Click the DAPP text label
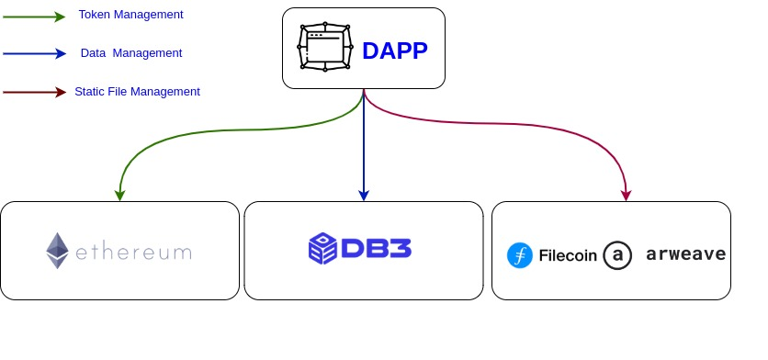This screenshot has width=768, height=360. pos(395,51)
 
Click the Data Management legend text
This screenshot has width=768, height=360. pos(131,53)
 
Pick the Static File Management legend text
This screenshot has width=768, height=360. pos(137,92)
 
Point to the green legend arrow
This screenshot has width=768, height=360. pos(34,17)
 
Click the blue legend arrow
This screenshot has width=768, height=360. pos(34,54)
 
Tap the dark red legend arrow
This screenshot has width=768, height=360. pos(34,92)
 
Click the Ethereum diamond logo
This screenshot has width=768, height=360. pos(58,251)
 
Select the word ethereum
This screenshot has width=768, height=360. pos(133,252)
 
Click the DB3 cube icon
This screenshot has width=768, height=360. pos(323,249)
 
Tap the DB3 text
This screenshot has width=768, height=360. pos(376,250)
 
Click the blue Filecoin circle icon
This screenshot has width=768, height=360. pos(520,255)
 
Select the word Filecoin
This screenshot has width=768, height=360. pos(568,255)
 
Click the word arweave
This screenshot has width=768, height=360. pos(685,254)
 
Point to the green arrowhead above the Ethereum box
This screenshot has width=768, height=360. pos(119,195)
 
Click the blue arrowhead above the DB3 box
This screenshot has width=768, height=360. pos(364,195)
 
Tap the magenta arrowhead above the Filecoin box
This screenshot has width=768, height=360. pos(627,195)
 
